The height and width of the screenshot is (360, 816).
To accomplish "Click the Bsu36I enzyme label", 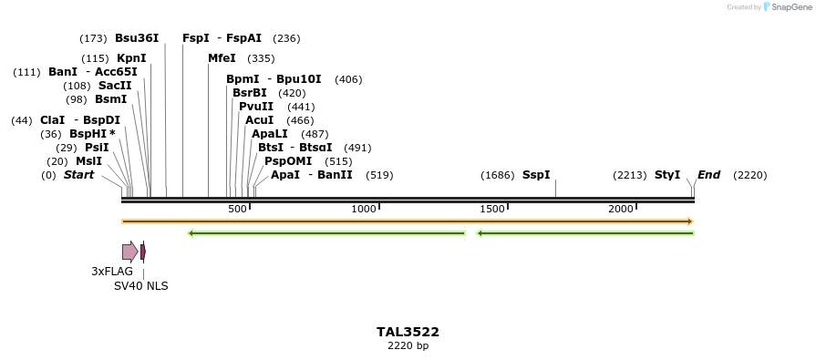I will coord(137,38).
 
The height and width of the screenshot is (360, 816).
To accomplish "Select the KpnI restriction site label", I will coord(131,58).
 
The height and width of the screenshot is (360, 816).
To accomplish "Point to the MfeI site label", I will coord(222,58).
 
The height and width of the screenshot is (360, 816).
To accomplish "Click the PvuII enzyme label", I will coord(255,107).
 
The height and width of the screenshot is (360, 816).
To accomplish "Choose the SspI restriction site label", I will coord(536,175).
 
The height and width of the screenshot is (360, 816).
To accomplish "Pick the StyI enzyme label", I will coord(667,175).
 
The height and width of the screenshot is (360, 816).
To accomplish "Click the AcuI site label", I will coord(259,120).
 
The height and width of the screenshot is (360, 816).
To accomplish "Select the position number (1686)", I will coord(498,175).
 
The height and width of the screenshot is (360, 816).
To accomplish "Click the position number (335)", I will coord(261,58).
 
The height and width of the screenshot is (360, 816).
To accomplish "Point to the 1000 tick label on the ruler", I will coord(364,210).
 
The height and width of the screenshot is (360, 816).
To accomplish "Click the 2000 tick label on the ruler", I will coord(621,210).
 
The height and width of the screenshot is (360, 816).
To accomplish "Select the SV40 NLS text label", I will coord(140,286).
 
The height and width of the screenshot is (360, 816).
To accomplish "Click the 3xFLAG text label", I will coord(112,272).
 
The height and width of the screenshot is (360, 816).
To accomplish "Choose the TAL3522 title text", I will coord(408,332).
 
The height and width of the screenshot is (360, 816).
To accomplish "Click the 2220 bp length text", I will coord(408,346).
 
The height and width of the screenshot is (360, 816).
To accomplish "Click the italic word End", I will coord(708,175).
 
